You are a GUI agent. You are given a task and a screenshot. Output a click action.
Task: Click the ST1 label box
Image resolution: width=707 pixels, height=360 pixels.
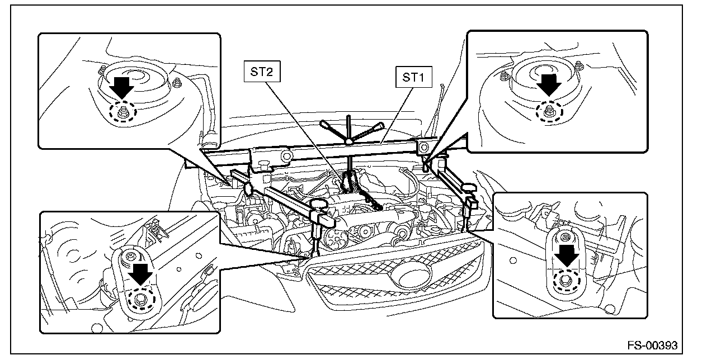tap(413, 77)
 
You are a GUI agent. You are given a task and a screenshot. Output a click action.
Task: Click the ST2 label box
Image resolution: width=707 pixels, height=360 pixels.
tap(262, 72)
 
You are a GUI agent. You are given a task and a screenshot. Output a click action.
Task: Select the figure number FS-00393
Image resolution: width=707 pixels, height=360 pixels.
tap(652, 345)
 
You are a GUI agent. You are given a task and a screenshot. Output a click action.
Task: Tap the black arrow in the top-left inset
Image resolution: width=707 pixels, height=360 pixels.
tap(122, 88)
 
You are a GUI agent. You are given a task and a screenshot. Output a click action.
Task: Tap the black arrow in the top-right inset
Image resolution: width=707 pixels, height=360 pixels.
tap(549, 85)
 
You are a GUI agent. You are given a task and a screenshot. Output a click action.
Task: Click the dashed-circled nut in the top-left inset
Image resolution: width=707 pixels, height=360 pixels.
tap(123, 111)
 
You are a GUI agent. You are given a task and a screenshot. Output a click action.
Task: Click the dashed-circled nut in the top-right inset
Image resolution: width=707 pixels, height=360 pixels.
tap(549, 111)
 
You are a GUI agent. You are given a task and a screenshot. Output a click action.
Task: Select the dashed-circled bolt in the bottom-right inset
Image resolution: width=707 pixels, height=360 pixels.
tap(567, 281)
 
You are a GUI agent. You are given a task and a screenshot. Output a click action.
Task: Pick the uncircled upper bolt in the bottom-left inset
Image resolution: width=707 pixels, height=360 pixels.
tap(130, 256)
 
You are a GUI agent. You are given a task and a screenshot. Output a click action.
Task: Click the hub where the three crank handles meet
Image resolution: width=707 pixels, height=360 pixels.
tap(348, 141)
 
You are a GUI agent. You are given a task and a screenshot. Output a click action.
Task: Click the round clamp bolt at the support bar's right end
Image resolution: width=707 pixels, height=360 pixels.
tap(423, 148)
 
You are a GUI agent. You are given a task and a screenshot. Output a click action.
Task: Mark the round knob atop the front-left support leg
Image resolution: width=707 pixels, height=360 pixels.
tap(319, 205)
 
